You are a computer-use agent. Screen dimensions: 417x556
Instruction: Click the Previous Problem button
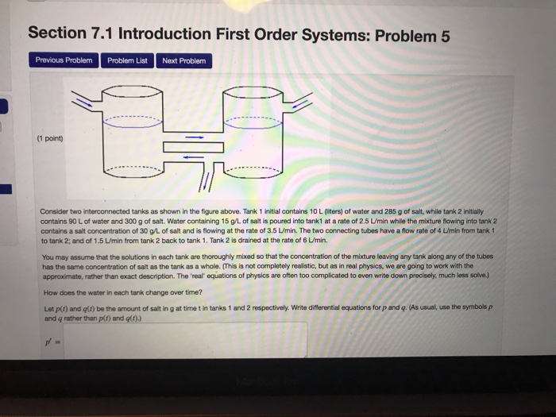tap(64, 60)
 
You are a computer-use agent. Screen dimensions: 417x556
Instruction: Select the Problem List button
tap(127, 60)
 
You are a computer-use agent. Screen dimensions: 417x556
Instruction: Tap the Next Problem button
tap(183, 60)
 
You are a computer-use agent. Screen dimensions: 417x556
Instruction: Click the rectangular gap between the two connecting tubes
tap(191, 147)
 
